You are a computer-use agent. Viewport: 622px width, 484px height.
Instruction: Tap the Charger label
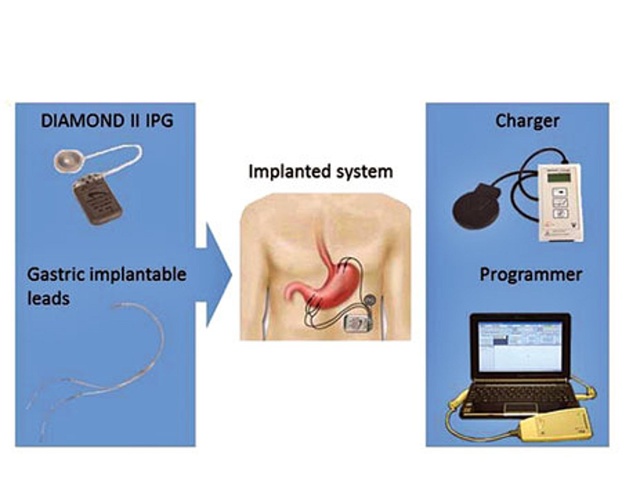527,121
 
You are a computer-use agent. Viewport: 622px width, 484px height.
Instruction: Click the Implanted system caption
320,171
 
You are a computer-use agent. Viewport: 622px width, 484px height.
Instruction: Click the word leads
48,298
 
